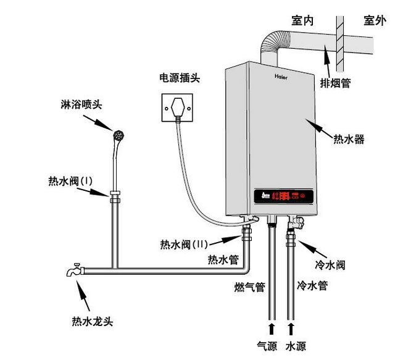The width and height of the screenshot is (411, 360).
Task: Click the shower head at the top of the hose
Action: point(118,133)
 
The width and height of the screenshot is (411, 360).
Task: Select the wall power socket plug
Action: point(178,106)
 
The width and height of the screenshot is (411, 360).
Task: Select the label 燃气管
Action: point(249,287)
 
